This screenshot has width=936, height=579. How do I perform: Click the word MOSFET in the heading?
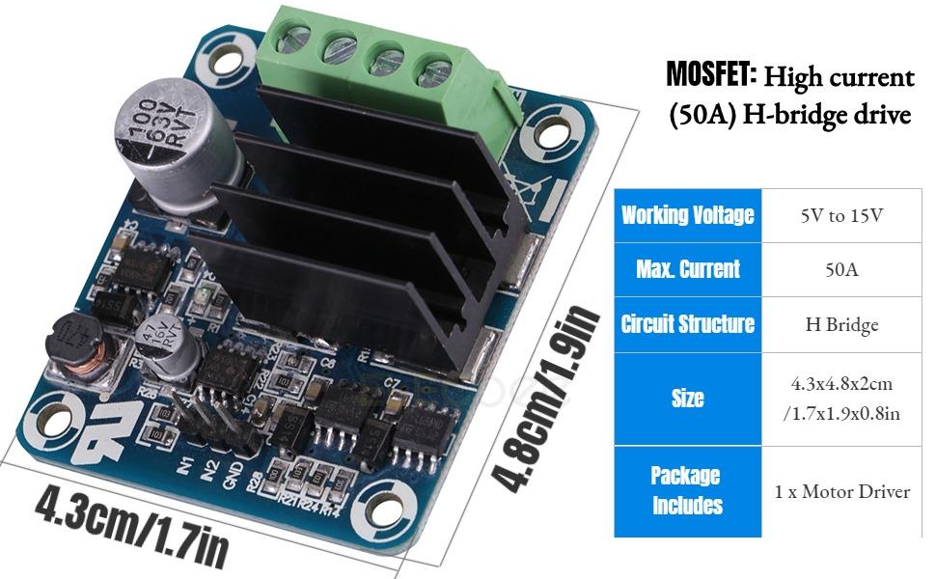(711, 74)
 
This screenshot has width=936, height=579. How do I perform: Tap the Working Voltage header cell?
(687, 214)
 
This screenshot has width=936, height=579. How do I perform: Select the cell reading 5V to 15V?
(841, 214)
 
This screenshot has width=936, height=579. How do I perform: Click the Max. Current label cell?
(687, 269)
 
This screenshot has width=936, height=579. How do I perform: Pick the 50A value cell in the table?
(841, 269)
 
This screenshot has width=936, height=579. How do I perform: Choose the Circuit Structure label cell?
(687, 323)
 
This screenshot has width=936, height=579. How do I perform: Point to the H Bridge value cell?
(841, 324)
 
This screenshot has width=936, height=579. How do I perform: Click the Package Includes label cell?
(687, 490)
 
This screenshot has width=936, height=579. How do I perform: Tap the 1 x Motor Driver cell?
(841, 491)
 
